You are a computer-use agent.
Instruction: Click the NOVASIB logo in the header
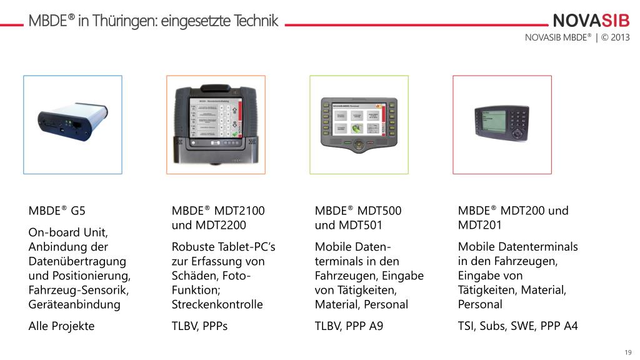coord(591,21)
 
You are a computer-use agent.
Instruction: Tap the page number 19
coord(627,351)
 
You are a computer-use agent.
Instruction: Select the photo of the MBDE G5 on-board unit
coord(72,124)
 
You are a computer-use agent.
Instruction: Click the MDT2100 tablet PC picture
coord(216,124)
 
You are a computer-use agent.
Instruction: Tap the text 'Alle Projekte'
coord(61,326)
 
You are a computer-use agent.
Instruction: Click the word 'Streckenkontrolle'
coord(217,304)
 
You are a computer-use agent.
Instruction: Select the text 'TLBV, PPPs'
coord(199,326)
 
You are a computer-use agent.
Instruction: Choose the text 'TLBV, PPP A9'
coord(348,326)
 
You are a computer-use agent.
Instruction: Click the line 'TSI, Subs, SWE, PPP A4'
coord(517,326)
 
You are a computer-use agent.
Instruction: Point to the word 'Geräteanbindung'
coord(74,304)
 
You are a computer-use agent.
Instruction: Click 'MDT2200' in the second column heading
coord(220,225)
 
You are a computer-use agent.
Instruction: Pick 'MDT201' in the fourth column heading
coord(479,225)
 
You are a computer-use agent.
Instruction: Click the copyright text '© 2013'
coord(616,37)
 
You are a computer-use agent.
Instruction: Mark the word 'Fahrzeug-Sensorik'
coord(77,290)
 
